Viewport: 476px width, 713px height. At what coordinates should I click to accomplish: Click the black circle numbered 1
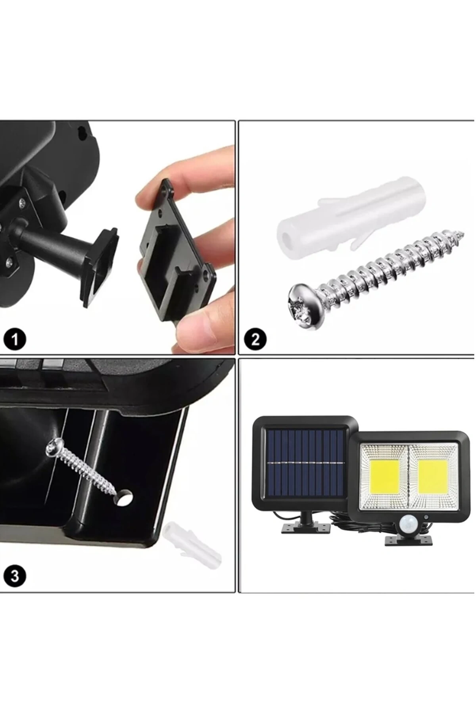15,339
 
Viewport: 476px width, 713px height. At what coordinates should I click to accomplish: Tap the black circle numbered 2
255,339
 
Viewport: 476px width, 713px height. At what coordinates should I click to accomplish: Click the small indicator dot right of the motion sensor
426,517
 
